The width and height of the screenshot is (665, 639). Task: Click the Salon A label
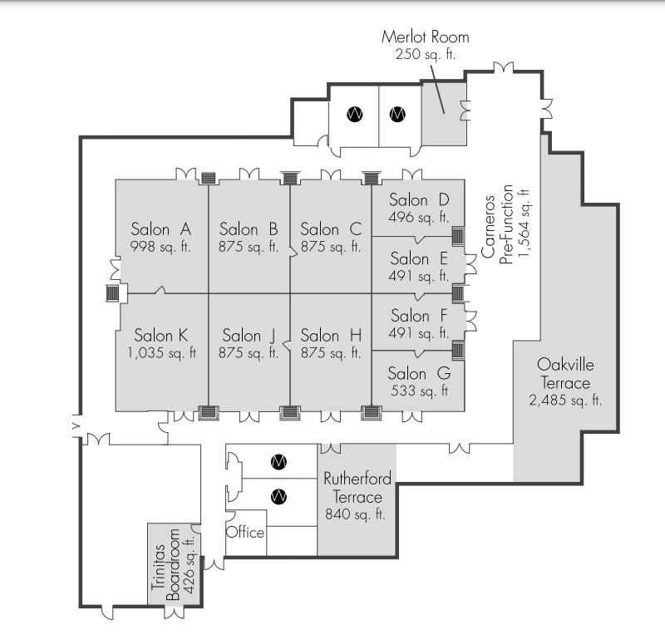click(x=161, y=229)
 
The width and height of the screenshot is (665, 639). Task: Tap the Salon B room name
click(x=249, y=229)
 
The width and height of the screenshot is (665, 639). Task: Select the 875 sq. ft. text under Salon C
click(x=331, y=247)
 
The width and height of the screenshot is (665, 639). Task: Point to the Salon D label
click(x=419, y=200)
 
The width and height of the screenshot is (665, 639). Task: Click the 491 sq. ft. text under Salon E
click(x=419, y=276)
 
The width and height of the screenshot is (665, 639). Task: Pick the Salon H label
click(x=331, y=336)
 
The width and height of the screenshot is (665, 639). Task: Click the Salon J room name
click(x=249, y=336)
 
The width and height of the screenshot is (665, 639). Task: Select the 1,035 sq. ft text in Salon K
click(x=161, y=352)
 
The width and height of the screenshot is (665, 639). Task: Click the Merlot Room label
click(x=425, y=37)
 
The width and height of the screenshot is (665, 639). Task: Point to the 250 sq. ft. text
click(x=425, y=54)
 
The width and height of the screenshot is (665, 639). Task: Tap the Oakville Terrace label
click(x=565, y=374)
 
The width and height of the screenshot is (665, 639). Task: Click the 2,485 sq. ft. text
click(x=565, y=401)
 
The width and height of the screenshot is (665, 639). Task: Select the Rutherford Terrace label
click(x=357, y=488)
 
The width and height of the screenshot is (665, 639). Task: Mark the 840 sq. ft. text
click(x=357, y=514)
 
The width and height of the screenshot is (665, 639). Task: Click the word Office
click(x=245, y=532)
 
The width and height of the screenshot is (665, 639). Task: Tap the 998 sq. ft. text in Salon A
click(x=161, y=246)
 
